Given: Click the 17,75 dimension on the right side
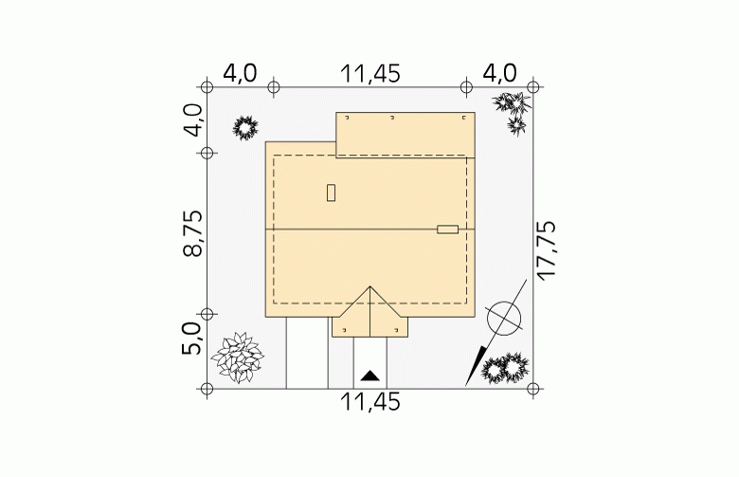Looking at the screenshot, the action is point(548,251).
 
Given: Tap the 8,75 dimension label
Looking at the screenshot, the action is point(192,233).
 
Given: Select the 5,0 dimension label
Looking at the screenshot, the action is point(192,339).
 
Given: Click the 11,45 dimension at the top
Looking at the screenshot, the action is point(369,74).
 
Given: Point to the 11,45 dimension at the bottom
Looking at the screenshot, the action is point(369,402).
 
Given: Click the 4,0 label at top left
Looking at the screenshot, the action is point(240,74).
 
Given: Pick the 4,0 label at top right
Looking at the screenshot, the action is point(500,74).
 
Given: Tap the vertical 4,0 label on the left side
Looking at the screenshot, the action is point(192,119).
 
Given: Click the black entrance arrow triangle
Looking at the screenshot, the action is point(369,376).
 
